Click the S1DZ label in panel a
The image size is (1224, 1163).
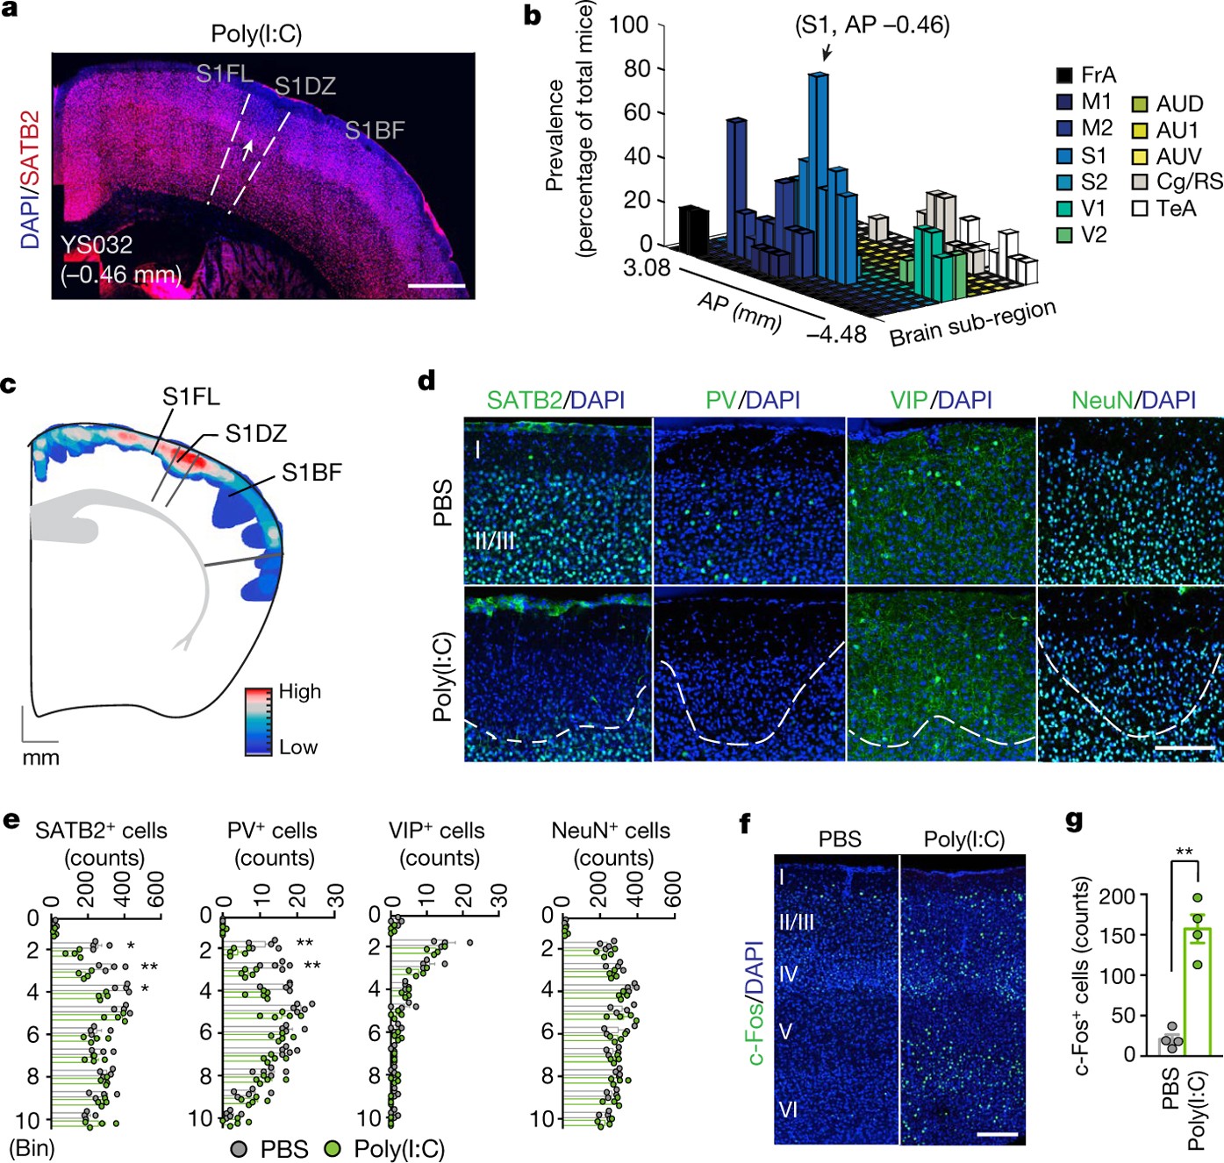click(x=305, y=86)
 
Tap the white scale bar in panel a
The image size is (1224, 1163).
click(x=436, y=285)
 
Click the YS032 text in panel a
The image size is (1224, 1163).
click(x=97, y=245)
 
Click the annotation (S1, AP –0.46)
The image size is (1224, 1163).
click(x=872, y=25)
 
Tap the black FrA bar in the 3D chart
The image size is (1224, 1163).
click(x=693, y=230)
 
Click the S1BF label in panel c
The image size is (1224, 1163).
click(x=311, y=473)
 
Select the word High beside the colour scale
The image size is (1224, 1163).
click(x=299, y=691)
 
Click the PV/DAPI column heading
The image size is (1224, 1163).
click(x=753, y=400)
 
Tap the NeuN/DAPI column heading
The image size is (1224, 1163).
click(x=1133, y=400)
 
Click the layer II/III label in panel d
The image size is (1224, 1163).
click(x=494, y=540)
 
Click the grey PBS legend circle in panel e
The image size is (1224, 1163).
click(x=239, y=1148)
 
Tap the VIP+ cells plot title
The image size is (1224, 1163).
click(x=437, y=831)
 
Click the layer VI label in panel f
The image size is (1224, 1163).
click(x=788, y=1109)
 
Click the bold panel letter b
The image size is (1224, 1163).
click(x=532, y=16)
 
